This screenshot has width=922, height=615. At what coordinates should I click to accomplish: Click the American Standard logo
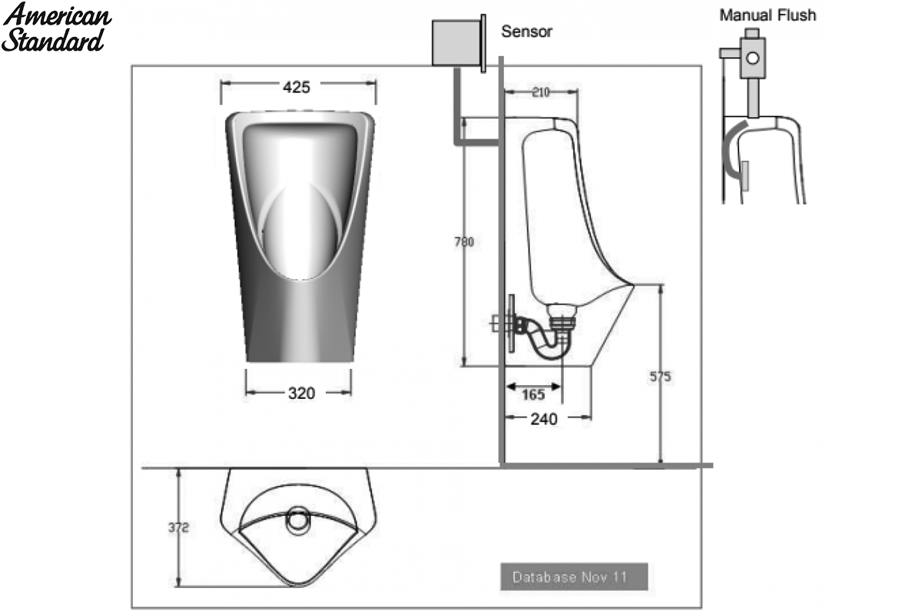pyautogui.click(x=56, y=28)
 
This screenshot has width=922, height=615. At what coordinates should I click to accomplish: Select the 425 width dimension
pyautogui.click(x=297, y=88)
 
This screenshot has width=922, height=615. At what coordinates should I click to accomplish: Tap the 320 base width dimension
pyautogui.click(x=301, y=394)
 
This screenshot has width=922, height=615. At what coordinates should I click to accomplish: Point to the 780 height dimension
pyautogui.click(x=464, y=242)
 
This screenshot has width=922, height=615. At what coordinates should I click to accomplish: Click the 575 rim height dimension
pyautogui.click(x=660, y=376)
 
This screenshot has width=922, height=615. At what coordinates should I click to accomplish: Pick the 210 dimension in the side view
pyautogui.click(x=541, y=92)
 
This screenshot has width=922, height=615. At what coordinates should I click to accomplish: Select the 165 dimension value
pyautogui.click(x=533, y=394)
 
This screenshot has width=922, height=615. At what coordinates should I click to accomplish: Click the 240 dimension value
pyautogui.click(x=544, y=419)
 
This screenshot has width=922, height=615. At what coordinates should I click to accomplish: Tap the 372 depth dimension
pyautogui.click(x=178, y=527)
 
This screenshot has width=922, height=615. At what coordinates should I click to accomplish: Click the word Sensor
pyautogui.click(x=526, y=32)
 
